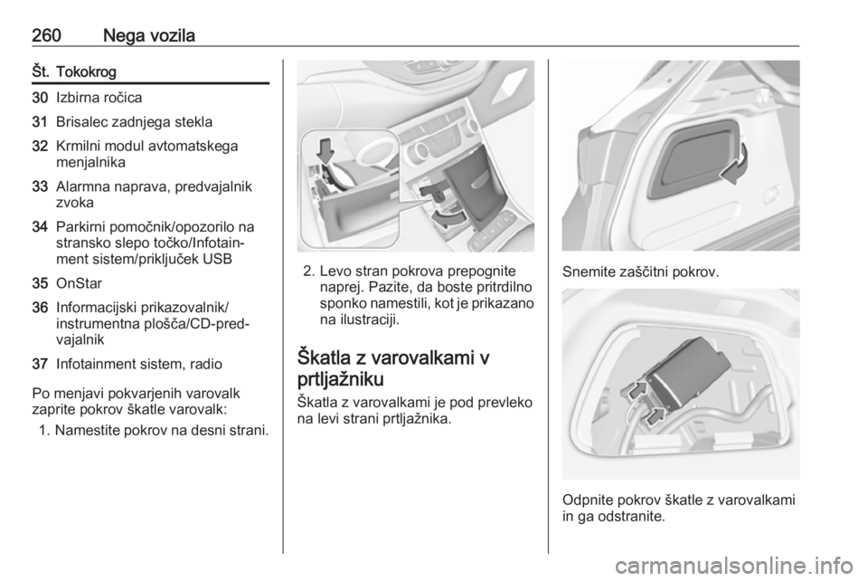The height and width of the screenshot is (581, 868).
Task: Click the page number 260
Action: click(x=46, y=36)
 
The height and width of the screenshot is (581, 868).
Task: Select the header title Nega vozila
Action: click(x=149, y=36)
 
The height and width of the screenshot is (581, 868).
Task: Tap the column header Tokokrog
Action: click(x=87, y=72)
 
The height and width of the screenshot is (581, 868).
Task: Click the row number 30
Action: click(x=41, y=98)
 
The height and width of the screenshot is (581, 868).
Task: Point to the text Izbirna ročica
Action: click(x=99, y=98)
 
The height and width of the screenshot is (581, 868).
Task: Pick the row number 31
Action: click(x=41, y=122)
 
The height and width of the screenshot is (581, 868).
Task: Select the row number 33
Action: click(x=41, y=186)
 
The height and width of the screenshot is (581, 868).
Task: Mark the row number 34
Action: click(x=41, y=227)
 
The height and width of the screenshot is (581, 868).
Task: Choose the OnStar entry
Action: click(x=80, y=283)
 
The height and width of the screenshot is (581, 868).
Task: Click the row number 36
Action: click(x=41, y=308)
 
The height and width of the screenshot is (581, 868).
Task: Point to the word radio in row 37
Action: click(x=206, y=365)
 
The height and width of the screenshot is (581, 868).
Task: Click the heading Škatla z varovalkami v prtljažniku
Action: click(x=393, y=369)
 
